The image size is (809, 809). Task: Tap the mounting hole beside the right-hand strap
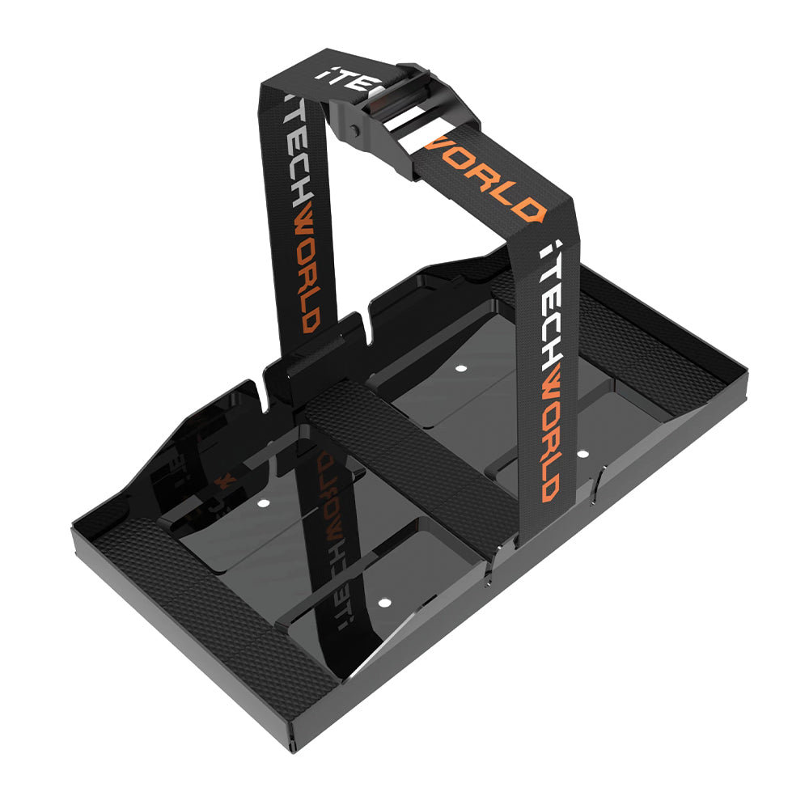point(581,454)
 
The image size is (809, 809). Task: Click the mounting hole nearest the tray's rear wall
point(461,367)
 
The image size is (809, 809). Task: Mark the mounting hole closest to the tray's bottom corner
point(383,603)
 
